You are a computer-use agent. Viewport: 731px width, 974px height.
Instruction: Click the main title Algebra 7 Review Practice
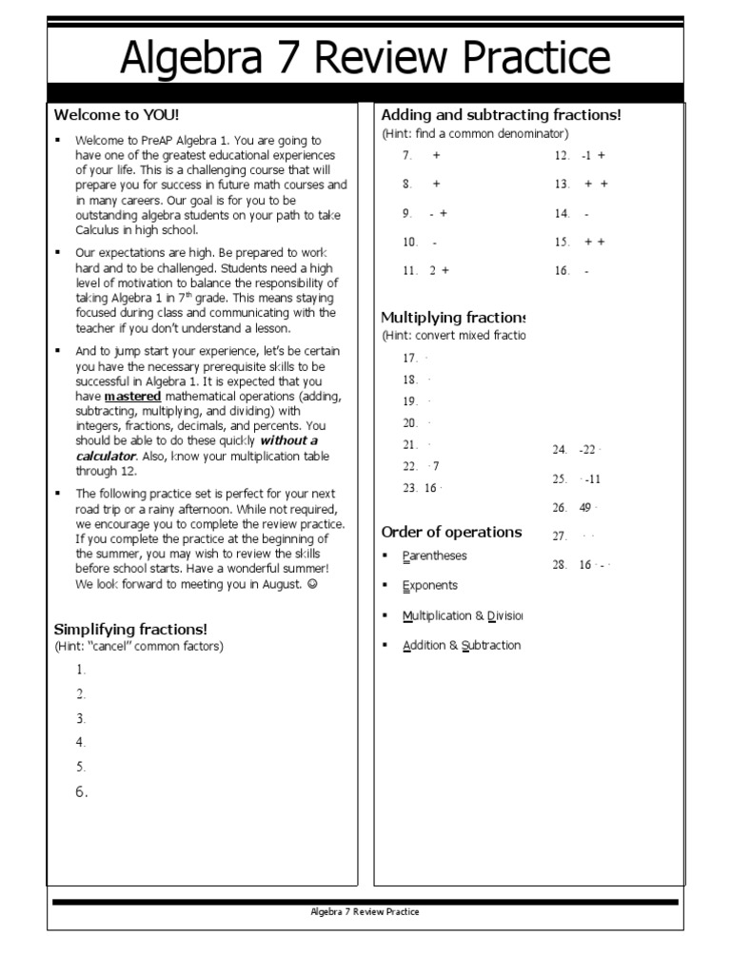tap(365, 58)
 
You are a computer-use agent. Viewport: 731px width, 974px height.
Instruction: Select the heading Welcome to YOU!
tap(115, 115)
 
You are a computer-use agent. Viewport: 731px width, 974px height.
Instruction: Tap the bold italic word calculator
tap(106, 456)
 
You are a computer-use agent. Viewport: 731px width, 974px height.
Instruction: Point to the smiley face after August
tap(312, 584)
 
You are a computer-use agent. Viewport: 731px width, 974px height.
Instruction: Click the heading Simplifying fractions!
tap(130, 630)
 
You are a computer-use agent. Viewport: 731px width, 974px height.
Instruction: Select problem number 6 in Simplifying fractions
tap(82, 791)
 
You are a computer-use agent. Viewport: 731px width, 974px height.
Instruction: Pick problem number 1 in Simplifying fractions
tap(82, 670)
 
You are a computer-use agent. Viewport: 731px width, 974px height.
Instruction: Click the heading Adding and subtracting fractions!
tap(501, 115)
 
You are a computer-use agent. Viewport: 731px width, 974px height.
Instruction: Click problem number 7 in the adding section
tap(407, 155)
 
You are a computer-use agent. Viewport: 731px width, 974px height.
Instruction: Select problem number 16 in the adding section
tap(562, 271)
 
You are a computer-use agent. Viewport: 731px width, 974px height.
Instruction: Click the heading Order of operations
tap(451, 532)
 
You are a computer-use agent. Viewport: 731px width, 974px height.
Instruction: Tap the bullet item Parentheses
tap(434, 555)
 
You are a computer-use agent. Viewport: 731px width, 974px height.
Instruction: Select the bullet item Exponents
tap(429, 585)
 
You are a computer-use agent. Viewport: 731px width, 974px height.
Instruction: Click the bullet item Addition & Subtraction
tap(462, 645)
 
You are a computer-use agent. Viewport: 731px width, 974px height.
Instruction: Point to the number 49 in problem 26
tap(585, 508)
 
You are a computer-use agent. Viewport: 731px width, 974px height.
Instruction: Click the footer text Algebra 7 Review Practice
tap(365, 911)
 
